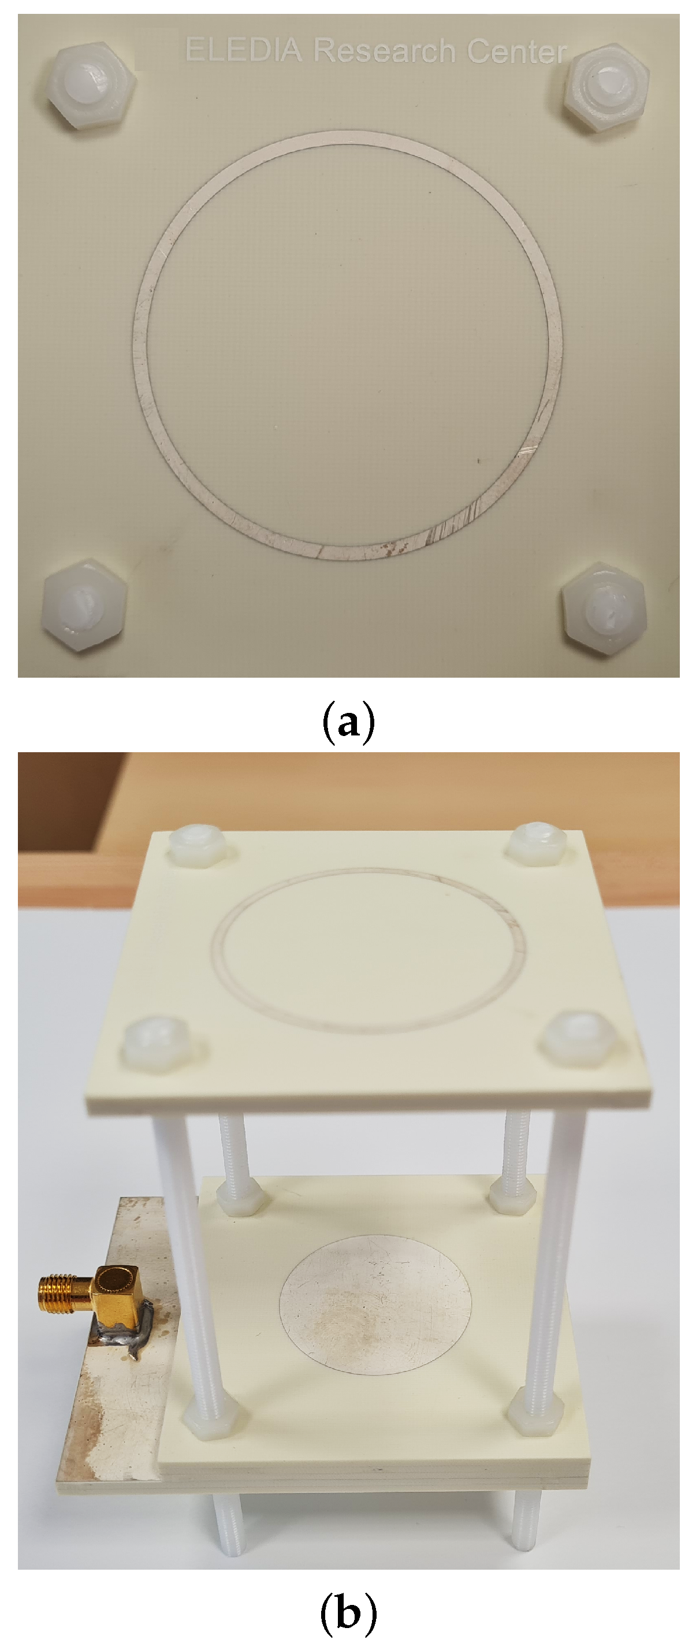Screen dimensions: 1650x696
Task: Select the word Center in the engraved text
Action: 516,51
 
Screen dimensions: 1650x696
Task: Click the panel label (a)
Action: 348,723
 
